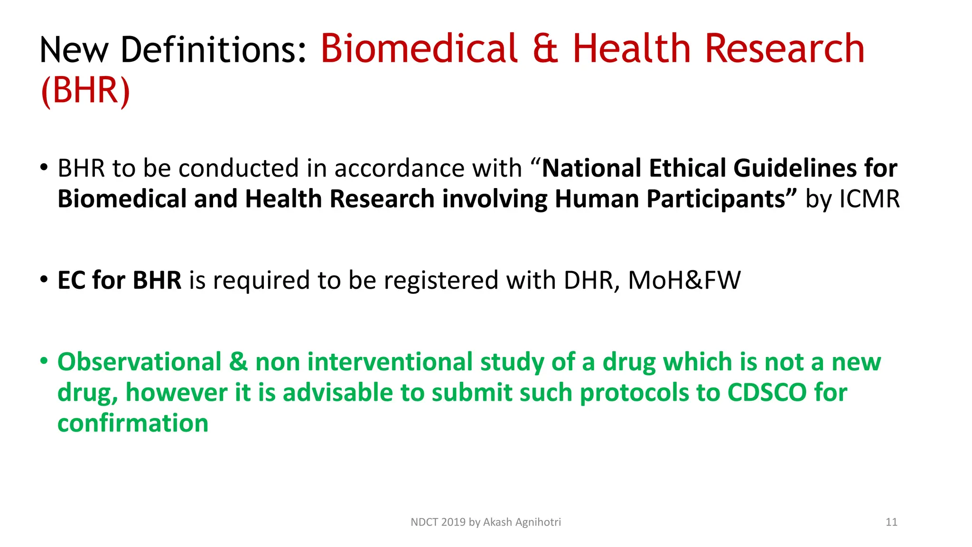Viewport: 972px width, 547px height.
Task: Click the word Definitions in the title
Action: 214,49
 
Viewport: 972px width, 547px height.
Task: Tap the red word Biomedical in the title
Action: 419,48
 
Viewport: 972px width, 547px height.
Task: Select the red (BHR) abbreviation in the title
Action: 85,90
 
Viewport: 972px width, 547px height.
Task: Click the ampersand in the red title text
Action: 545,48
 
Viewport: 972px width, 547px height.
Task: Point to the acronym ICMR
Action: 869,199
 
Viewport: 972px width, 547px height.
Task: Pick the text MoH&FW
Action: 684,280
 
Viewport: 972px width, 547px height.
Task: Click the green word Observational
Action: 140,362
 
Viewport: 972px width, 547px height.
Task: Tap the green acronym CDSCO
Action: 767,393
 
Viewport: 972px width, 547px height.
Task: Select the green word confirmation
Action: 133,423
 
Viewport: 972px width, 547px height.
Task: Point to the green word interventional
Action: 390,362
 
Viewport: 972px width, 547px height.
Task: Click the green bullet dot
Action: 44,361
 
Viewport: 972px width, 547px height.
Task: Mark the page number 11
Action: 891,522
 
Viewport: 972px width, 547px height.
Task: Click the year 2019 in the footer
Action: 453,522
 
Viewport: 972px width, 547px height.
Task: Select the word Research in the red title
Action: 785,48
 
